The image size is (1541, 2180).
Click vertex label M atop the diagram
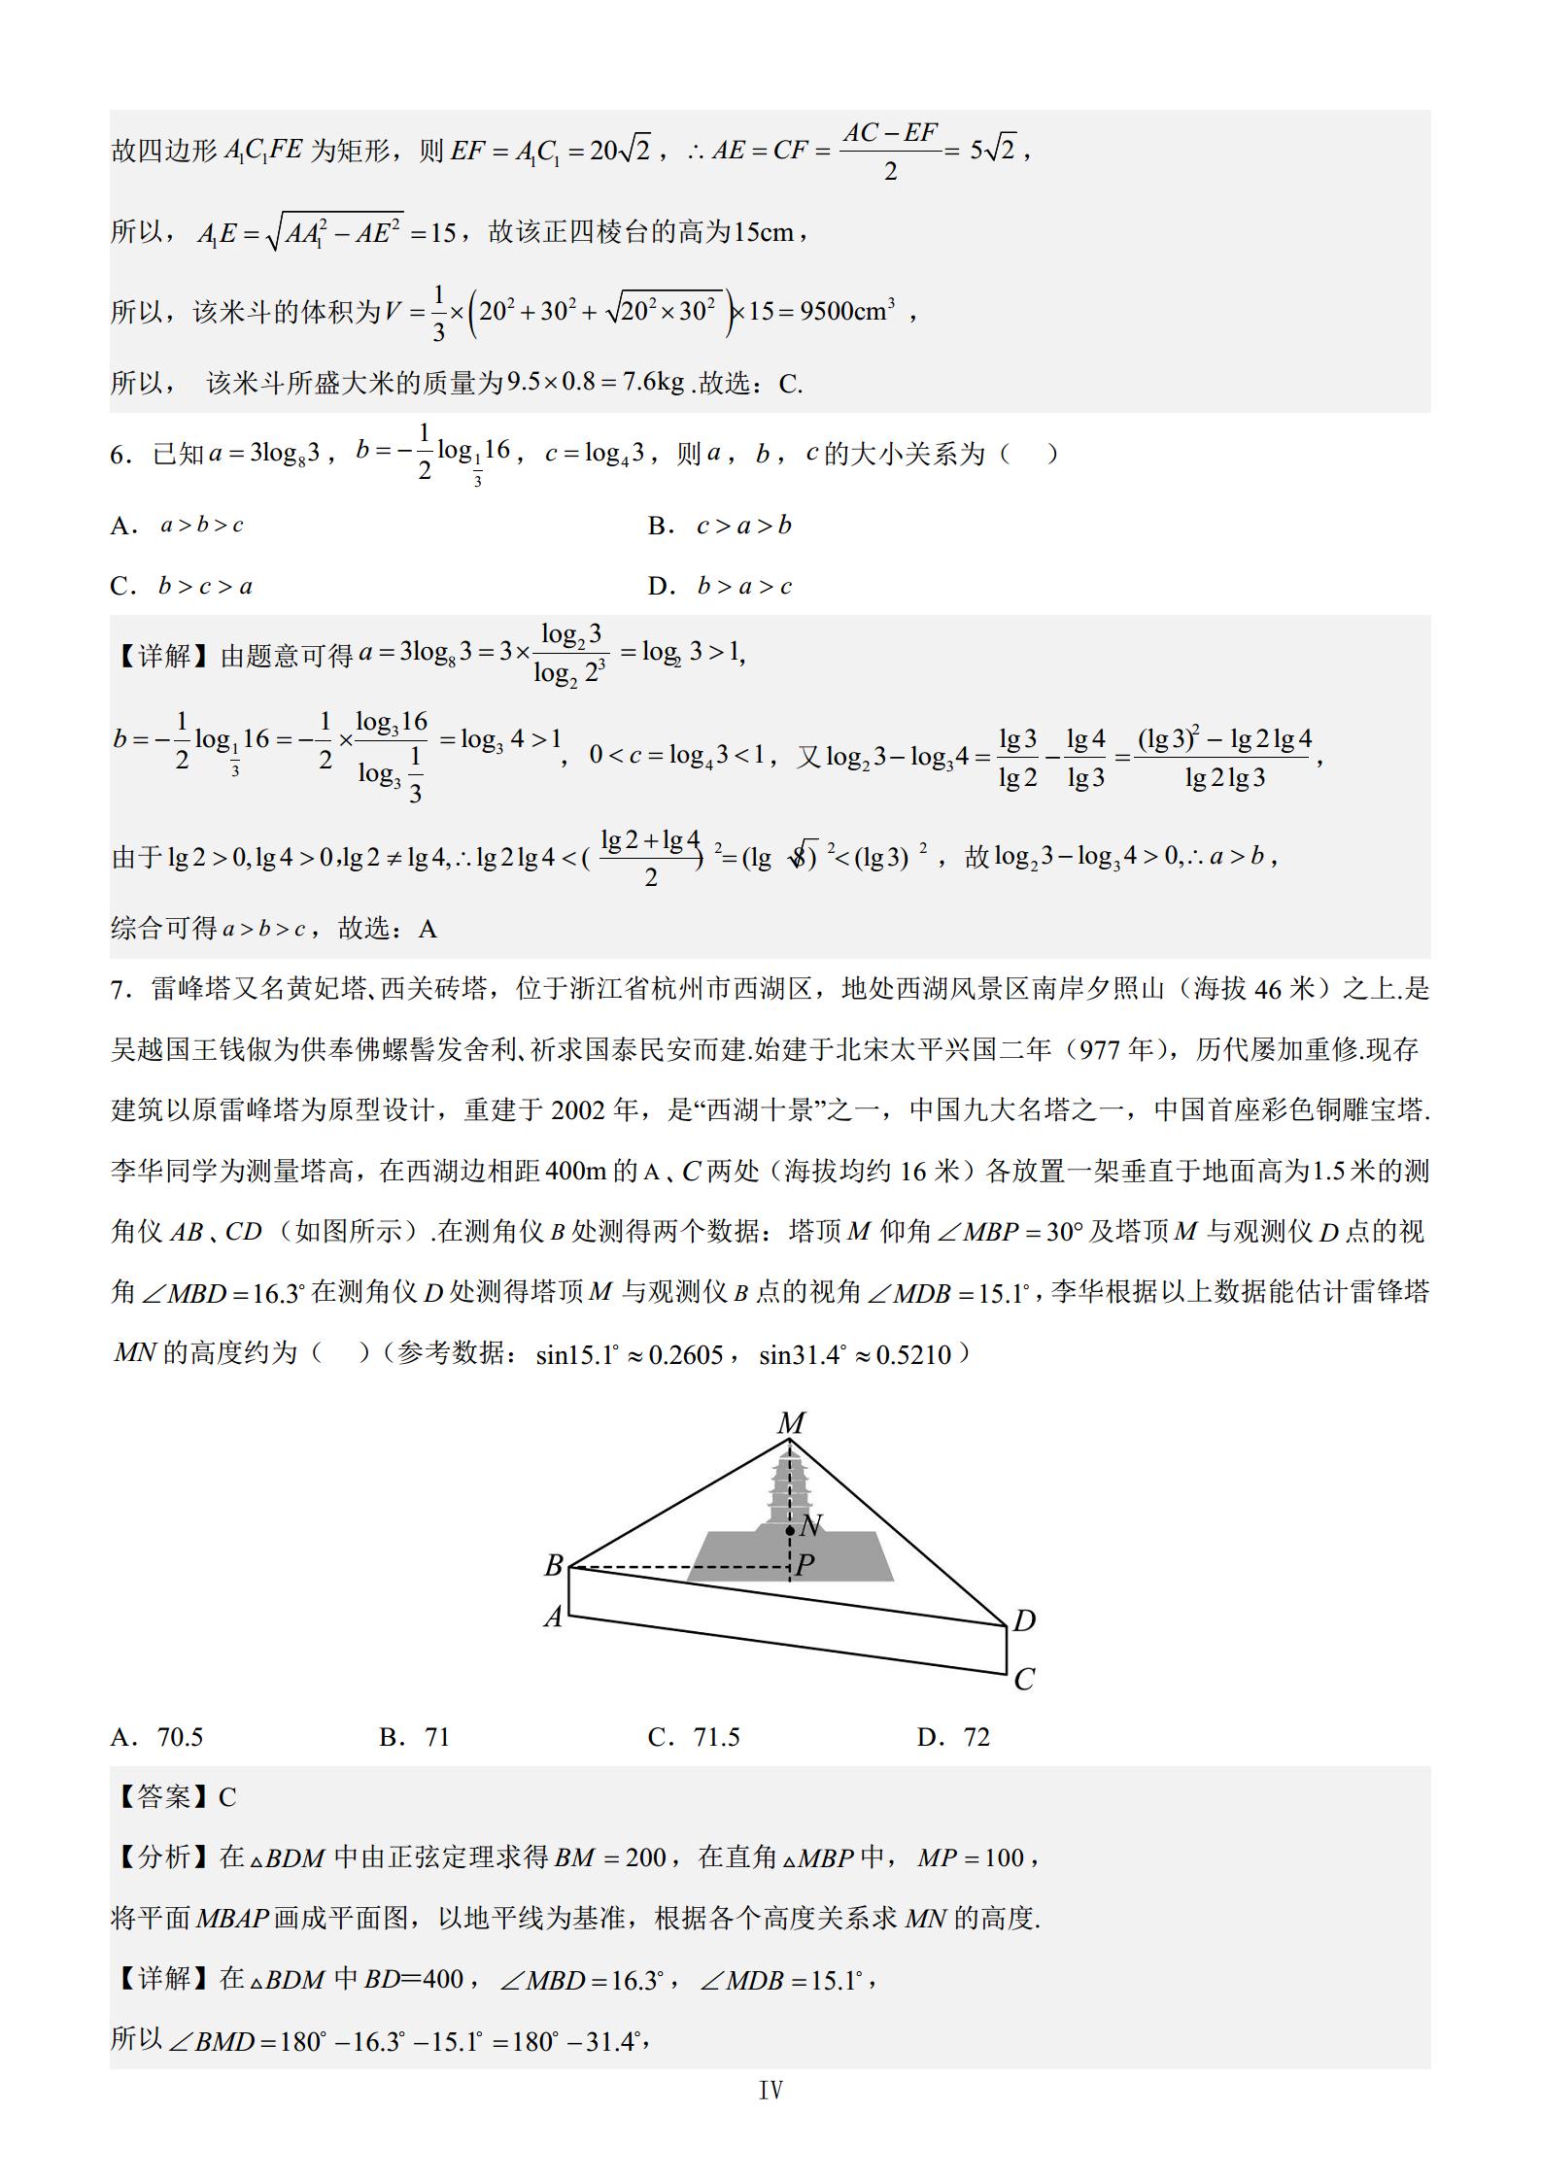pyautogui.click(x=791, y=1423)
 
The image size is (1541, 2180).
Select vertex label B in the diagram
pyautogui.click(x=554, y=1566)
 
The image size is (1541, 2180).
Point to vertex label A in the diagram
pyautogui.click(x=553, y=1618)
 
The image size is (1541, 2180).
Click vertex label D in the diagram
pyautogui.click(x=1024, y=1620)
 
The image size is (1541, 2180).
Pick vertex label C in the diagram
pyautogui.click(x=1024, y=1679)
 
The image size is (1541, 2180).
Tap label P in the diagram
pyautogui.click(x=805, y=1565)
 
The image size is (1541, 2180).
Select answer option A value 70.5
pyautogui.click(x=180, y=1737)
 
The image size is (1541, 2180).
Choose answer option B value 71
pyautogui.click(x=437, y=1737)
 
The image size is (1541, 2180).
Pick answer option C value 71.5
pyautogui.click(x=716, y=1737)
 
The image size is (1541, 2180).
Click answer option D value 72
pyautogui.click(x=976, y=1737)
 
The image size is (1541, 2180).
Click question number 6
pyautogui.click(x=120, y=455)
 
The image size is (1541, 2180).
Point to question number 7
pyautogui.click(x=120, y=990)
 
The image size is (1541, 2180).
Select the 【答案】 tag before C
pyautogui.click(x=163, y=1797)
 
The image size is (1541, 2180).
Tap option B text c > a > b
pyautogui.click(x=744, y=526)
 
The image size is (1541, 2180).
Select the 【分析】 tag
pyautogui.click(x=163, y=1857)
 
